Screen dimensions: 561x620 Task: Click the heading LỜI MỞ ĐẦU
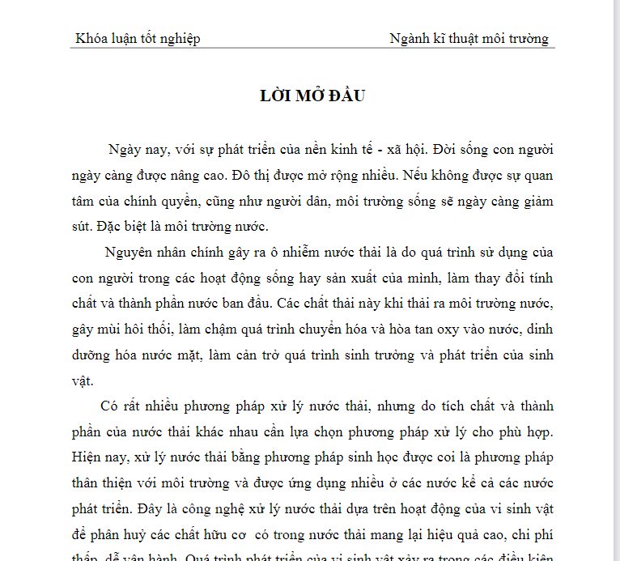click(x=313, y=96)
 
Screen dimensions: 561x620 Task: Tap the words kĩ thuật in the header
click(x=459, y=38)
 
